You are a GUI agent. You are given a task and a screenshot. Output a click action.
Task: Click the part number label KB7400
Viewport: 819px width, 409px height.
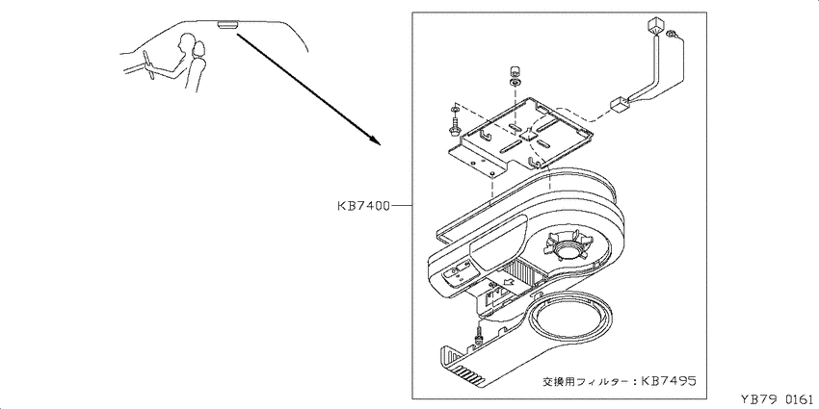tap(362, 206)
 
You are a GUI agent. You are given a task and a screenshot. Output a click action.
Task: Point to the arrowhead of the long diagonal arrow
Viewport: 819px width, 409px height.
tap(375, 140)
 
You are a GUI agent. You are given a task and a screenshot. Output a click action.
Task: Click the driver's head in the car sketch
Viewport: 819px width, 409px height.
tap(185, 40)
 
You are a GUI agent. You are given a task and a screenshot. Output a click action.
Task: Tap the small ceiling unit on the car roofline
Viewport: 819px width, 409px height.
tap(228, 25)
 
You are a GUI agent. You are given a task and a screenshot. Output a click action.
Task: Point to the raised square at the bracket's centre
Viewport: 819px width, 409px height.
tap(530, 133)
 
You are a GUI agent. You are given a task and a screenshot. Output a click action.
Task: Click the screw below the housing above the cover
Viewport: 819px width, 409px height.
tap(477, 338)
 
